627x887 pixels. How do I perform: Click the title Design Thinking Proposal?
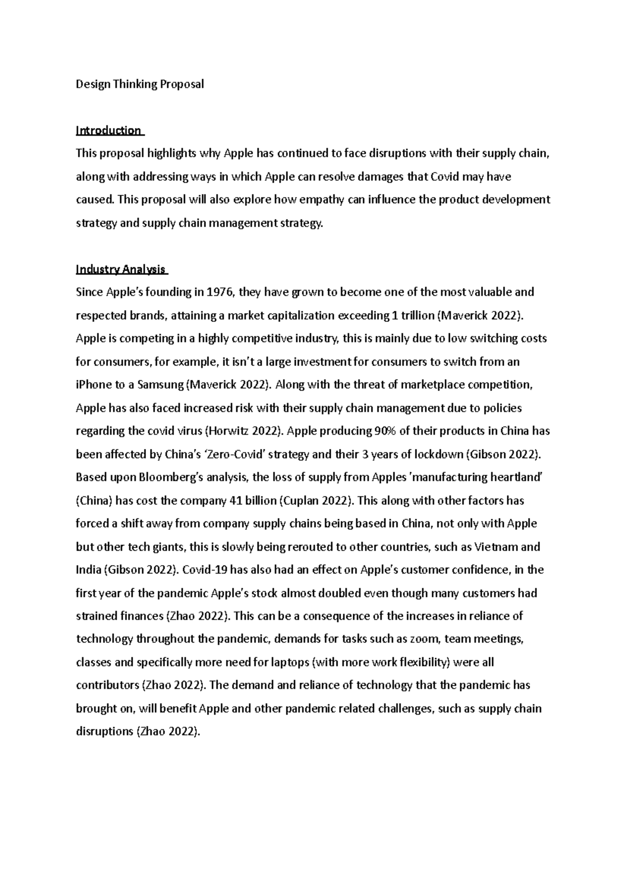pos(140,84)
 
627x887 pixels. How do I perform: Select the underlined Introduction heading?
pos(109,131)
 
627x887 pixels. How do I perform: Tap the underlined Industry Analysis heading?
pos(121,270)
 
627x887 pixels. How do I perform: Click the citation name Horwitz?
pos(229,431)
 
